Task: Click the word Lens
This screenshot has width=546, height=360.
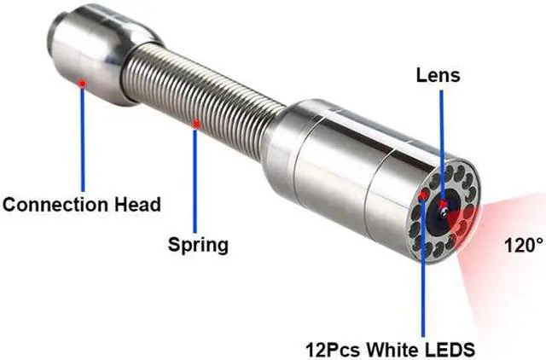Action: tap(438, 76)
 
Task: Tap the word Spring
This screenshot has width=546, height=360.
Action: tap(197, 245)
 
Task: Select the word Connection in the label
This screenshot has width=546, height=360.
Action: tap(56, 205)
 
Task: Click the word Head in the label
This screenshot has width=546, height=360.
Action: tap(136, 205)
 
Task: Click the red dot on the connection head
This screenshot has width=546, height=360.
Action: tap(82, 83)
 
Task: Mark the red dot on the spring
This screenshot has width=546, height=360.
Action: tap(195, 125)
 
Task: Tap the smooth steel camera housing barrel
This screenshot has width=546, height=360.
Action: tap(341, 162)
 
